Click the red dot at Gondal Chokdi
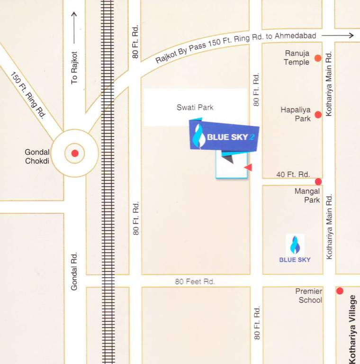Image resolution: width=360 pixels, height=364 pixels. pyautogui.click(x=74, y=153)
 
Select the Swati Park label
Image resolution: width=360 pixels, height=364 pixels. pyautogui.click(x=195, y=108)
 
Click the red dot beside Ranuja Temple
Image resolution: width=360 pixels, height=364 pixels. pyautogui.click(x=318, y=58)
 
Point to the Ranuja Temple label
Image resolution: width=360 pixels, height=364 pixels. pyautogui.click(x=297, y=58)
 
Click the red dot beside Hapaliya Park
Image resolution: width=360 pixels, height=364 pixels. pyautogui.click(x=318, y=114)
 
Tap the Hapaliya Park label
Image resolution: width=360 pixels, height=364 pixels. pyautogui.click(x=296, y=114)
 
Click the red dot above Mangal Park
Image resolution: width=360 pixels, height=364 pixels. pyautogui.click(x=318, y=182)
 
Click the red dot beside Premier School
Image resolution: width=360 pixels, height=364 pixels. pyautogui.click(x=340, y=291)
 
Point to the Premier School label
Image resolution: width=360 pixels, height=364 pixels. pyautogui.click(x=309, y=295)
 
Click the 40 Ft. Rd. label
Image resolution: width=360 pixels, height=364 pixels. pyautogui.click(x=293, y=174)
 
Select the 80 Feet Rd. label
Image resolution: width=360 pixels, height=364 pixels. pyautogui.click(x=195, y=282)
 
